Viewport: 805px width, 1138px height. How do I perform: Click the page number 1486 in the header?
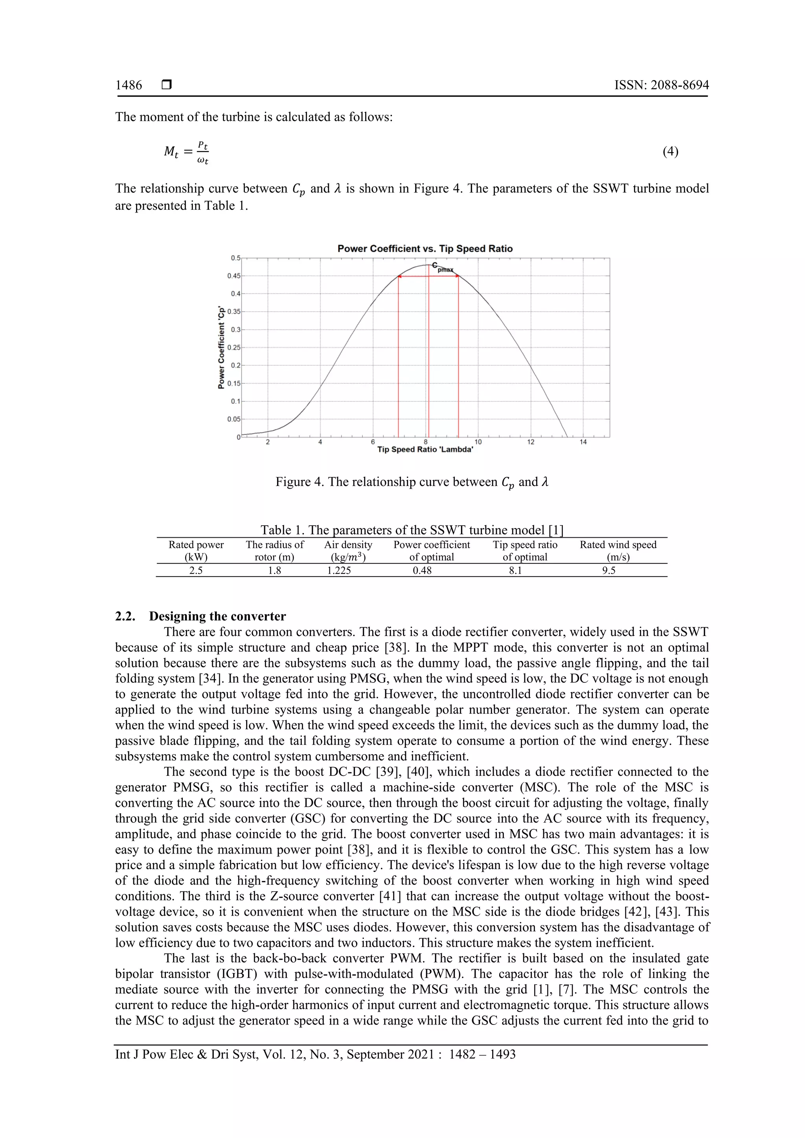point(129,85)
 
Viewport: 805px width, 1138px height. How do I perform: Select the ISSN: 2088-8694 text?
point(661,85)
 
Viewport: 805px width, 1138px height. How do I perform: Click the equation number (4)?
point(670,151)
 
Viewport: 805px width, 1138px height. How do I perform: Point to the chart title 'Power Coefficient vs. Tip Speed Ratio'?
point(425,249)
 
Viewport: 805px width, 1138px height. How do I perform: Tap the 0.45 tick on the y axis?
point(233,276)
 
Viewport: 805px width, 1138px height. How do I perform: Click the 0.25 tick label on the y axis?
point(233,347)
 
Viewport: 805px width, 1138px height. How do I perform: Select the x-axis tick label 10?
point(478,442)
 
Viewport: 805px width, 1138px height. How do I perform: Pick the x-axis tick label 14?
point(583,442)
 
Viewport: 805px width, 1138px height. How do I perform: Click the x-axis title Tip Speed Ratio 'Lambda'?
point(425,449)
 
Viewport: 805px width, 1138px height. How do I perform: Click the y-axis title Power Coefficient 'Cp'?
point(221,347)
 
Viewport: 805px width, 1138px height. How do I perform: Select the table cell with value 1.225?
point(339,570)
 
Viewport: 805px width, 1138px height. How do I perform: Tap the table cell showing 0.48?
point(422,570)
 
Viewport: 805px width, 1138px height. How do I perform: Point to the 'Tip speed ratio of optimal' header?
point(525,551)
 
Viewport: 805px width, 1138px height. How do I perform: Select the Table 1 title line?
point(412,530)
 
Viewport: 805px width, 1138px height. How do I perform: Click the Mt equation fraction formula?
point(186,152)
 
